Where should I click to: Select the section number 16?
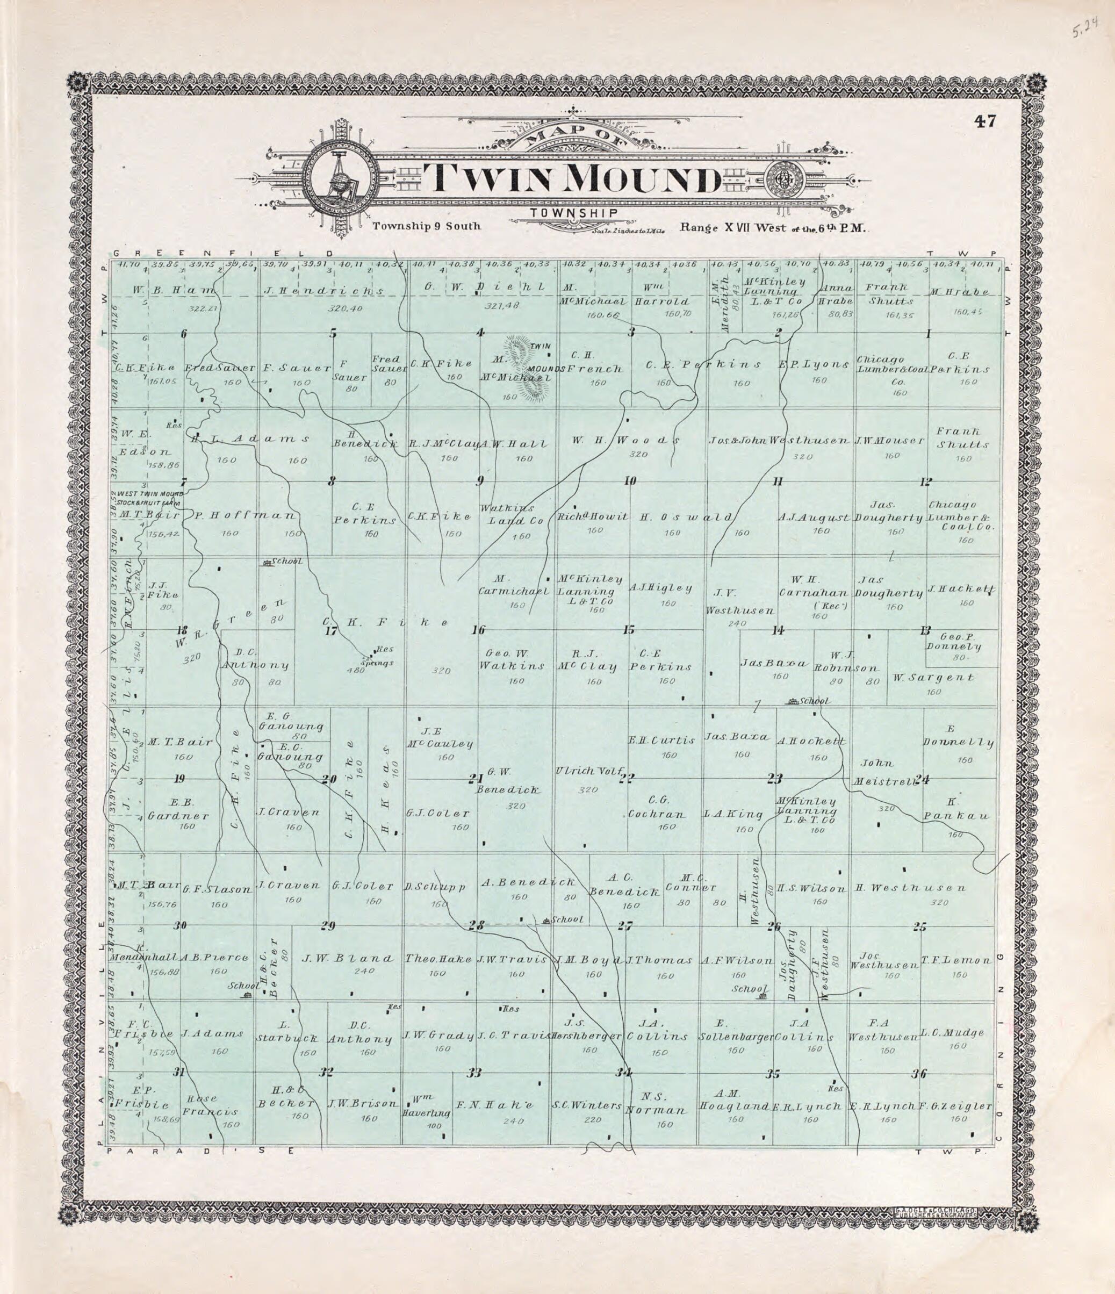[x=478, y=630]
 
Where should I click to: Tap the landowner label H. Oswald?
[x=686, y=516]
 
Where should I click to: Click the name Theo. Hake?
[x=438, y=959]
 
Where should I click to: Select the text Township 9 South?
[x=427, y=226]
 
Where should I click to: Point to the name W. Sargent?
[x=933, y=677]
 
